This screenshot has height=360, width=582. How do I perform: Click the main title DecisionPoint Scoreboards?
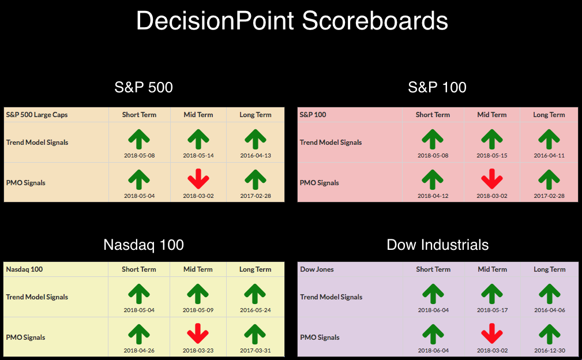pos(292,21)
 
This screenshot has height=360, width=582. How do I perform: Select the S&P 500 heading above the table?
pos(144,88)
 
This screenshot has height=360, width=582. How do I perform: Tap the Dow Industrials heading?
pos(438,245)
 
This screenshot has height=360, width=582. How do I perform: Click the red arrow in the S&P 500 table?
pos(198,179)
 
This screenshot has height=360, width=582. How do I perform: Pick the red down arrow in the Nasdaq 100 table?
pos(198,333)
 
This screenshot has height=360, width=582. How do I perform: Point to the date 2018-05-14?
pos(198,156)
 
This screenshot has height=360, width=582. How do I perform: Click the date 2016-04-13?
pos(256,156)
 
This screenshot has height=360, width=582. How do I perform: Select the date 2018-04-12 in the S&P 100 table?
pos(433,196)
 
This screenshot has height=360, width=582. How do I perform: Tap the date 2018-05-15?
pos(492,156)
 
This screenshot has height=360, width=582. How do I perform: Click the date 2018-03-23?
pos(198,350)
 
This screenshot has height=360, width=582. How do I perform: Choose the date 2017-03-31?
pos(255,350)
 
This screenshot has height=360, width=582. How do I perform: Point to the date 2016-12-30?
pos(550,350)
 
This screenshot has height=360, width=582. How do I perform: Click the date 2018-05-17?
pos(492,310)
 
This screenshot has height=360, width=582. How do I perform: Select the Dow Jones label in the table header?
pos(317,269)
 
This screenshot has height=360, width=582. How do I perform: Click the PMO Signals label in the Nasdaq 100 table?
pos(25,337)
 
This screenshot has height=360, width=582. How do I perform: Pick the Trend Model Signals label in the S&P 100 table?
pos(331,142)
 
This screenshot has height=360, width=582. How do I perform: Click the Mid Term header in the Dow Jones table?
pos(492,269)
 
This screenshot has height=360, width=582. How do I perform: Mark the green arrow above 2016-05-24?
pos(255,294)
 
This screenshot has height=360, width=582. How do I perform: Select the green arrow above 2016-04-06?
pos(550,294)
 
